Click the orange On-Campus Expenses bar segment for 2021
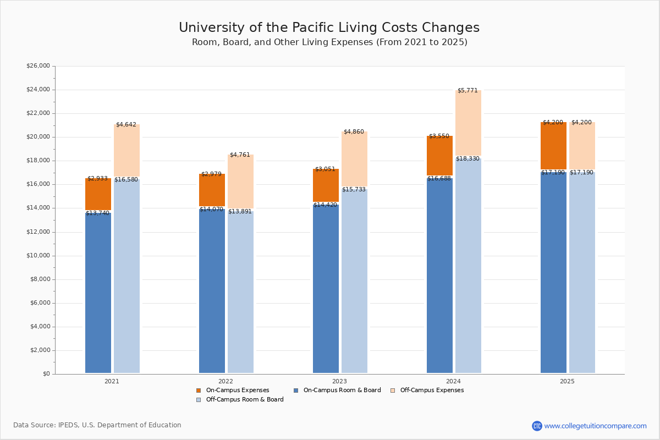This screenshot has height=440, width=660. [x=98, y=194]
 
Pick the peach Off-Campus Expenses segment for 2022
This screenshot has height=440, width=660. [x=240, y=182]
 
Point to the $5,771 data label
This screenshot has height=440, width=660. [x=468, y=90]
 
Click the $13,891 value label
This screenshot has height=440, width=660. [x=240, y=212]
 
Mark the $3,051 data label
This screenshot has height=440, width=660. [x=325, y=169]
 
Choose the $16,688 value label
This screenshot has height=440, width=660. [x=439, y=179]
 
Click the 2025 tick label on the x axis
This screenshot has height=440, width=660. [x=567, y=381]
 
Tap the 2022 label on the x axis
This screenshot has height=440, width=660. [x=226, y=381]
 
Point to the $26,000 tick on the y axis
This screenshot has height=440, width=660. [x=38, y=66]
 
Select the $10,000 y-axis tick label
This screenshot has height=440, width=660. [x=38, y=256]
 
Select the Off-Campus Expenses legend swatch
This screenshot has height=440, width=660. [x=393, y=391]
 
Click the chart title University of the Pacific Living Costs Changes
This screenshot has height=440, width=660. [x=329, y=28]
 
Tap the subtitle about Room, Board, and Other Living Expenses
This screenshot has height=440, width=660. [x=329, y=42]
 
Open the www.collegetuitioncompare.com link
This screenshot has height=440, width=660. [x=595, y=426]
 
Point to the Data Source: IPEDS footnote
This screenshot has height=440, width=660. [x=97, y=425]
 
